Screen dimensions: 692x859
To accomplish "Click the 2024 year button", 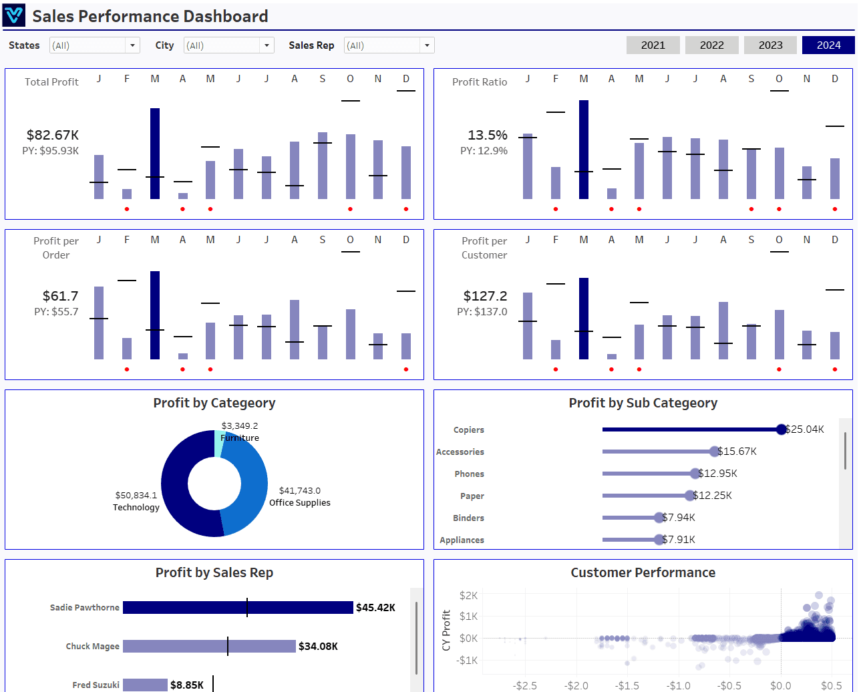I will [828, 45].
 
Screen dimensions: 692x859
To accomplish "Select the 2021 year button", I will [653, 45].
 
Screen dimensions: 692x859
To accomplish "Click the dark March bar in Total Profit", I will [155, 153].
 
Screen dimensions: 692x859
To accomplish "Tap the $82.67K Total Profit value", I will [53, 135].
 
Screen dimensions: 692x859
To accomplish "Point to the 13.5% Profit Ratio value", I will [488, 135].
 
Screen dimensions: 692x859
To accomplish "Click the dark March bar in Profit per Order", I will [155, 315].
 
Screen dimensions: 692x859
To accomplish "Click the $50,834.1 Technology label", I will [136, 496].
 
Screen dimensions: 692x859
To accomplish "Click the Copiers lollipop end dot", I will [782, 429].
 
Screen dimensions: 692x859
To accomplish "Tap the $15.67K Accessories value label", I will [737, 452].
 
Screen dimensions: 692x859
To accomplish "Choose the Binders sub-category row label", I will [468, 518].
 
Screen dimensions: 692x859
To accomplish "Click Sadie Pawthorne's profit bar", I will [238, 607].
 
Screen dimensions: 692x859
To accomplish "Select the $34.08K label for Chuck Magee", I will [318, 646].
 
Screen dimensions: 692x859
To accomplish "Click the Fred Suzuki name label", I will [96, 685].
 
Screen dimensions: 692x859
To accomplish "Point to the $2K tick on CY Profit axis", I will [468, 595].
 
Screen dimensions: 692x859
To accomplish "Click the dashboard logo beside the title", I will [13, 15].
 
